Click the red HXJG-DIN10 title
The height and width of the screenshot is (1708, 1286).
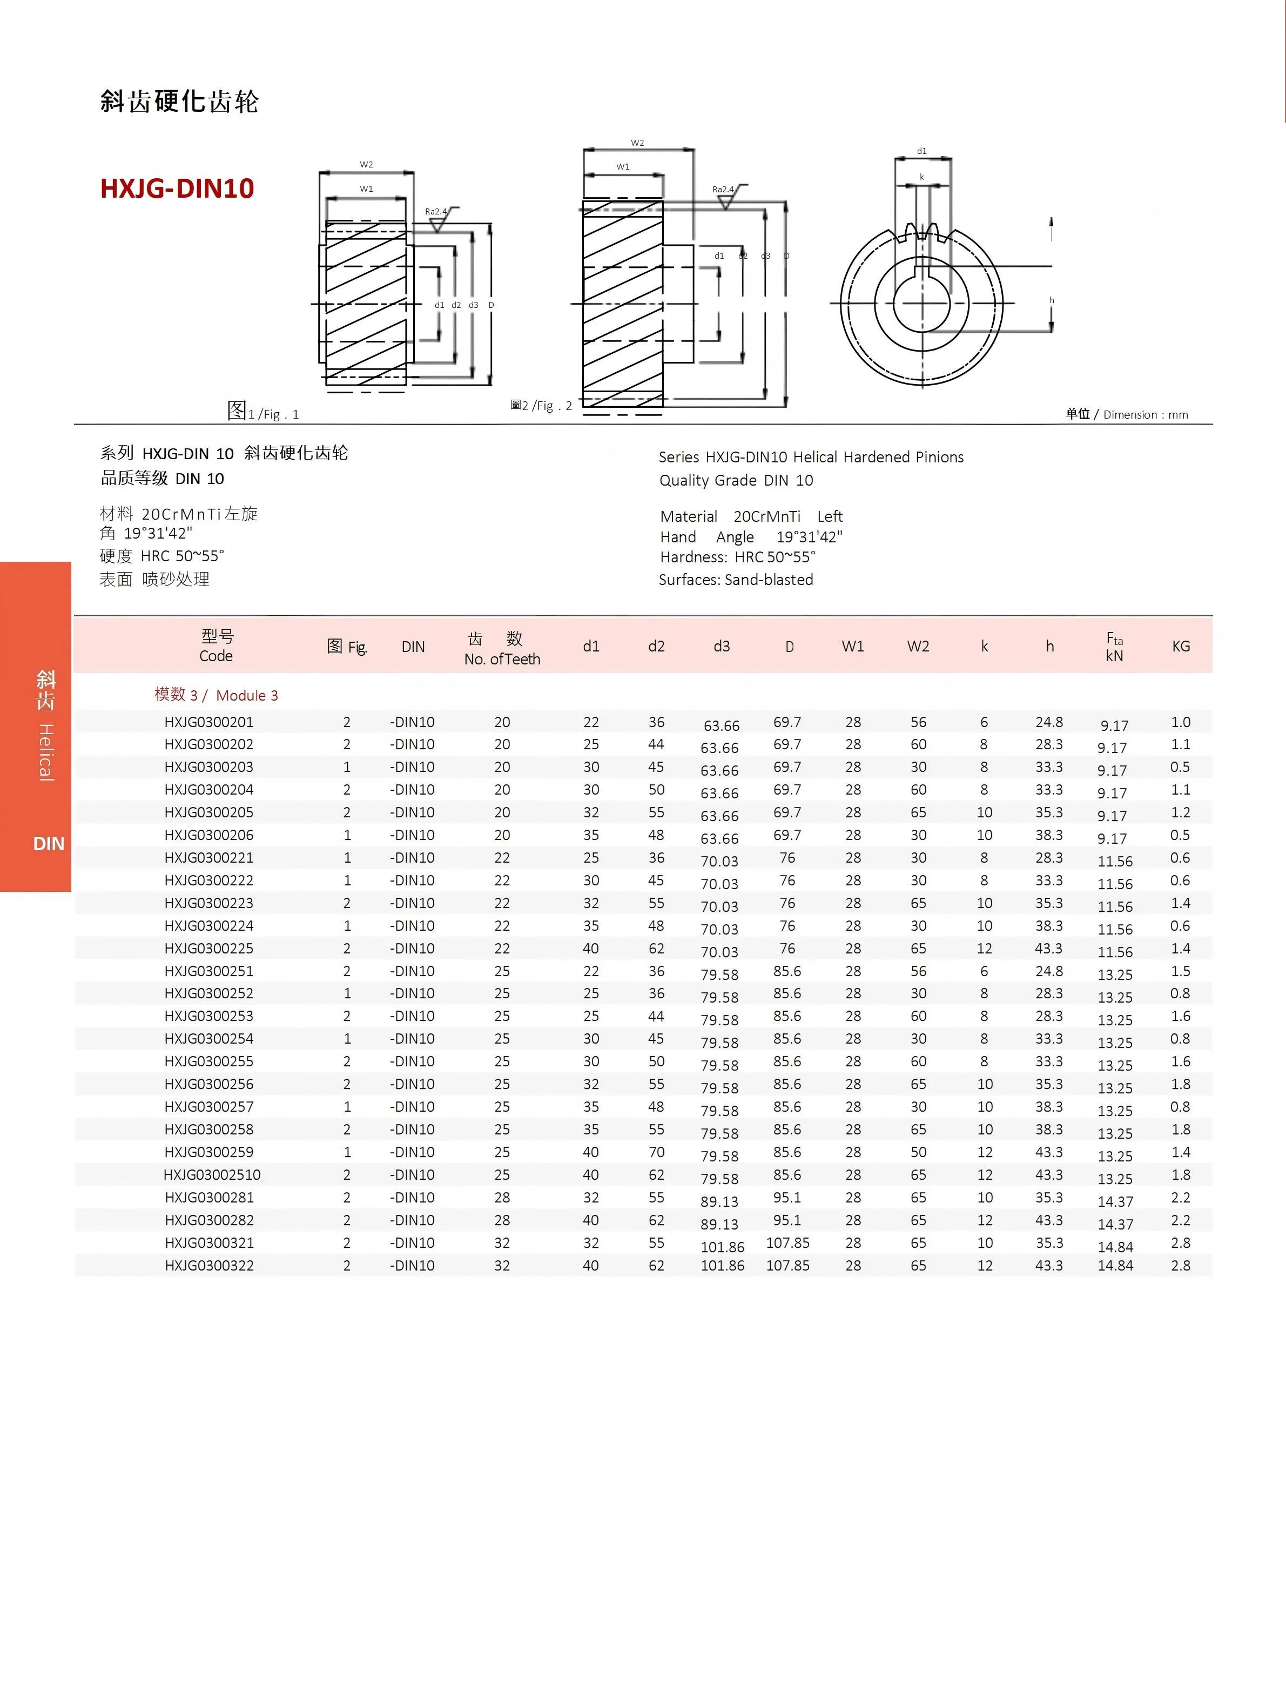pos(177,189)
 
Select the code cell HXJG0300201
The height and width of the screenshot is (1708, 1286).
pos(208,722)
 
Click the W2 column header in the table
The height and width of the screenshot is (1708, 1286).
pos(918,646)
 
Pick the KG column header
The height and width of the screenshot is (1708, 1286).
pos(1180,646)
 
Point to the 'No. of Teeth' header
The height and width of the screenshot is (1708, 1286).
pos(502,658)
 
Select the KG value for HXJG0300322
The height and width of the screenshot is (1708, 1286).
pos(1180,1266)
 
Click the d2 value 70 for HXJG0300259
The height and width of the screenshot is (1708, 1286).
pos(656,1152)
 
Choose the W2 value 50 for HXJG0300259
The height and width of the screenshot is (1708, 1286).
pos(918,1152)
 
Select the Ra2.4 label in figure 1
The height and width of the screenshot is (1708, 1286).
pos(435,212)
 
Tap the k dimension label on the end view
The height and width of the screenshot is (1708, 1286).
pos(921,177)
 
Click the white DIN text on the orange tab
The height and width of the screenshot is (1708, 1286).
pos(49,844)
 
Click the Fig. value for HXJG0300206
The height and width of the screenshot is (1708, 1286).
pos(347,835)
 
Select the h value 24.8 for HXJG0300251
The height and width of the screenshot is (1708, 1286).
pos(1049,971)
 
